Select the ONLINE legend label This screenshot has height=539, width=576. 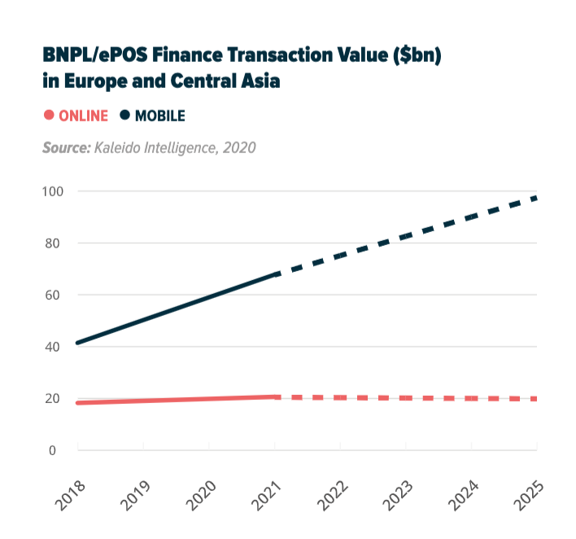[x=83, y=116]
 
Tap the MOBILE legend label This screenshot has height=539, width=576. [x=159, y=116]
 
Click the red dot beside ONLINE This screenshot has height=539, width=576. [x=49, y=116]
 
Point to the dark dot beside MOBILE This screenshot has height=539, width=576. [x=125, y=116]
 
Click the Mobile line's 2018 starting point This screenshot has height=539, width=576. [x=78, y=343]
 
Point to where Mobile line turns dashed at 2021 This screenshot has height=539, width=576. [x=275, y=275]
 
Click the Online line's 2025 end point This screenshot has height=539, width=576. [x=535, y=399]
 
